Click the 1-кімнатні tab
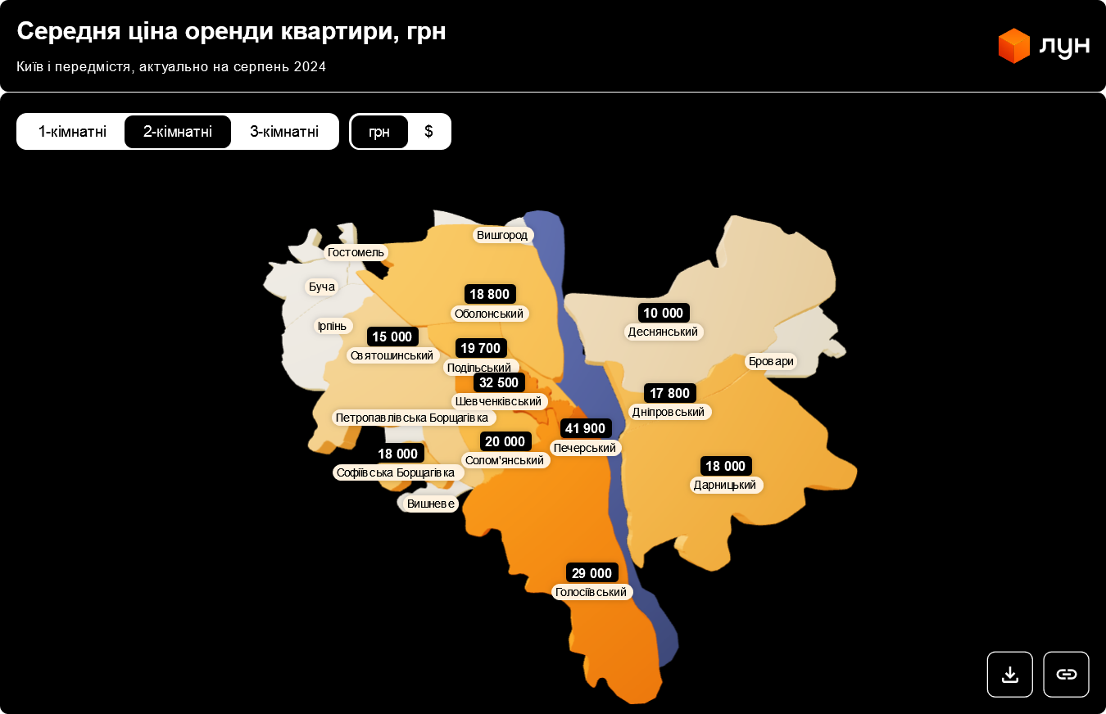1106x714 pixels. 72,132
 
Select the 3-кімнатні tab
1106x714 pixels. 284,132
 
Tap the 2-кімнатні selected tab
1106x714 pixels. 178,132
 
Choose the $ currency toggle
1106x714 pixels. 428,132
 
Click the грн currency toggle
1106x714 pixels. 379,132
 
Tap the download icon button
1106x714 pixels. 1009,675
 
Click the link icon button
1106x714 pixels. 1066,675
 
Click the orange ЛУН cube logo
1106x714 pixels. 1013,46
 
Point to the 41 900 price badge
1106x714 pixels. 585,428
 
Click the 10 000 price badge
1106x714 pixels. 663,313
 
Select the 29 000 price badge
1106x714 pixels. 592,573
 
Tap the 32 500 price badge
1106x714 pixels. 499,382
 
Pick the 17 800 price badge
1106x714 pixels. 669,393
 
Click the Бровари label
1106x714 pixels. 771,361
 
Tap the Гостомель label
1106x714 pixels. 356,252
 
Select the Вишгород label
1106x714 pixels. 502,235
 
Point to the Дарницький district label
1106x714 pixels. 725,485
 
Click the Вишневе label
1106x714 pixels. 431,504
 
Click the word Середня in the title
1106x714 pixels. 67,31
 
